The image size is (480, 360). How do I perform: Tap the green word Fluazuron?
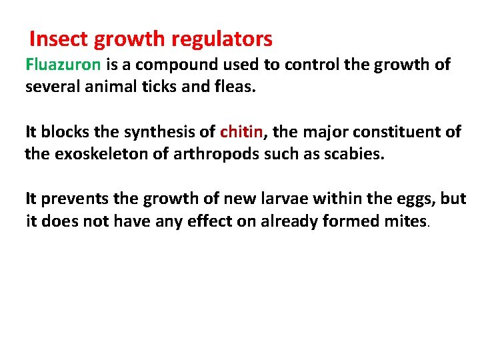click(x=63, y=65)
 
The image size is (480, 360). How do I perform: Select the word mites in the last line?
click(x=402, y=221)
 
